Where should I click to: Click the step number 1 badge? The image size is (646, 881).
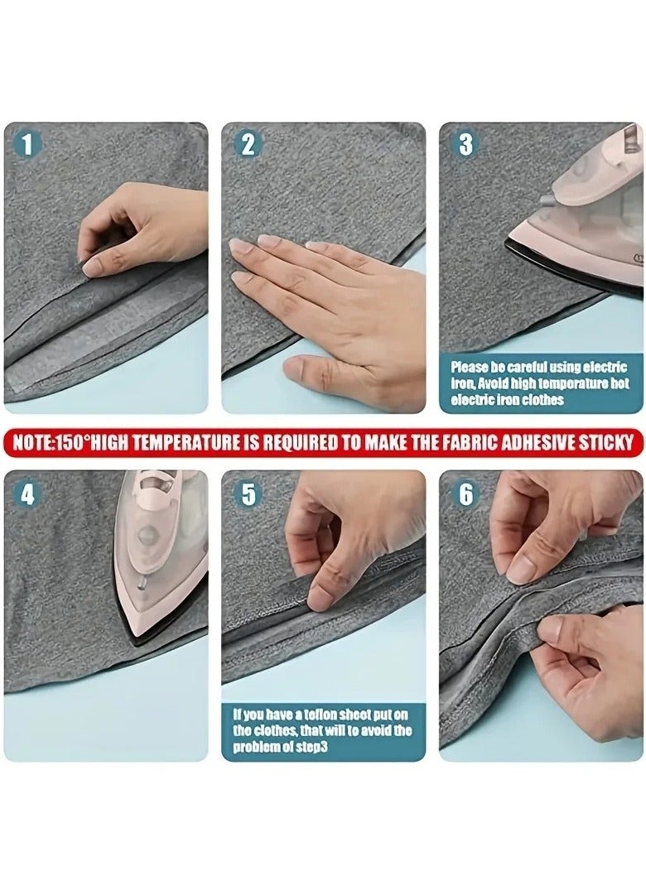(27, 144)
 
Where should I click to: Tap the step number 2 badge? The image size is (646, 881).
(247, 144)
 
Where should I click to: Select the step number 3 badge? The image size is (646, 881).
(465, 144)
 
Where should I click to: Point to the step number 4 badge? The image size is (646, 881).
(27, 494)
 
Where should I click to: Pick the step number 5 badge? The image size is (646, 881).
(247, 494)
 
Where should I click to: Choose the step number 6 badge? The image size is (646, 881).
(465, 494)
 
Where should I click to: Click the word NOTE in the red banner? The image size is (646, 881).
(31, 442)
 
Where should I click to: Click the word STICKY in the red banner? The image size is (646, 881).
(605, 442)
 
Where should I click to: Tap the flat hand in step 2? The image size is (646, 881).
(331, 298)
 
